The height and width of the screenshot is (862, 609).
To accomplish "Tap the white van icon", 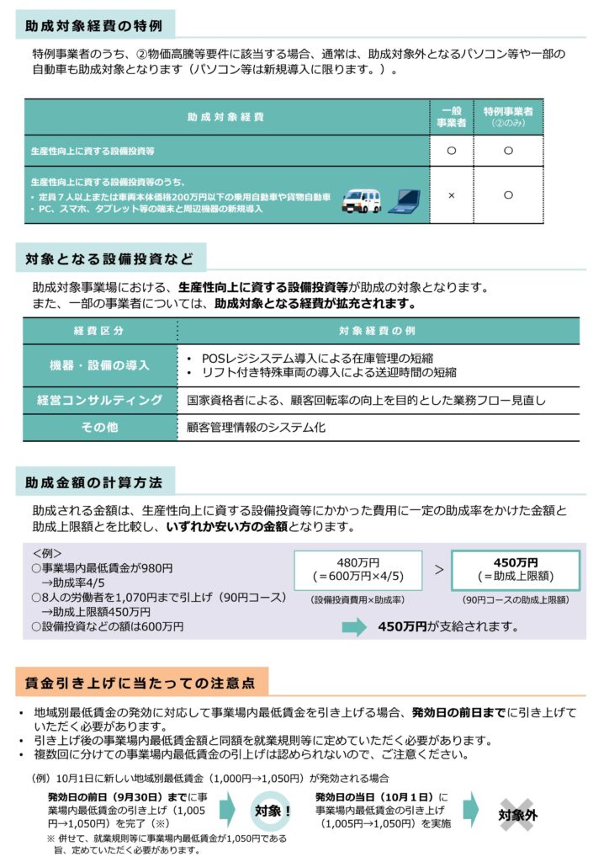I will pos(362,198).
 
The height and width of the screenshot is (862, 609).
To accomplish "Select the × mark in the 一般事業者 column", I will pos(451,195).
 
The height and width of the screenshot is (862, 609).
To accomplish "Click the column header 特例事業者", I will pos(508,116).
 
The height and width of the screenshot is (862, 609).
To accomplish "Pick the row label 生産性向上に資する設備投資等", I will pos(93,150).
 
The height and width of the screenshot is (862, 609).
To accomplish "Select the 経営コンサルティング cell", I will pos(99,401).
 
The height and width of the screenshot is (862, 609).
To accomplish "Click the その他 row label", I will pos(99,428).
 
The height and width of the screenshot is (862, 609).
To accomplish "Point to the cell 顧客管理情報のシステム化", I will pos(256,428).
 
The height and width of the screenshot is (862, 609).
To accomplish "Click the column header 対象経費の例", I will pos(377,330).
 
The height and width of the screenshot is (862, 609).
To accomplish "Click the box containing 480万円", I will pos(357,570).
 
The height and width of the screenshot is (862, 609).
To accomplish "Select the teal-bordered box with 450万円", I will pos(515,570).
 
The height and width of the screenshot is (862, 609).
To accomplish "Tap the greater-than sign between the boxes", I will pos(438,569).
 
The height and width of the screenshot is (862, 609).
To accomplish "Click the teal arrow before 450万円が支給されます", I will pos(355,626).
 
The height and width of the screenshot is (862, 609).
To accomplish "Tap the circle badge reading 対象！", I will pos(272,810).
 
